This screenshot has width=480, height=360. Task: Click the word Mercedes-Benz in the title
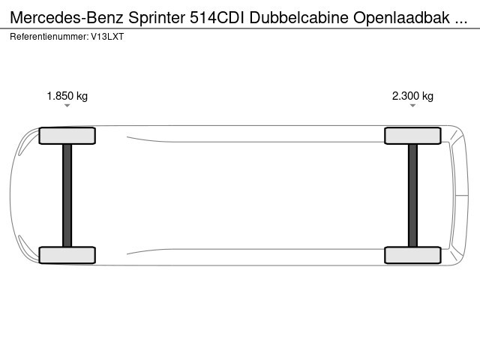click(x=67, y=18)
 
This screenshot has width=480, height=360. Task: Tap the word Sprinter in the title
click(x=157, y=18)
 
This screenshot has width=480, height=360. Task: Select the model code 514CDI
click(x=217, y=18)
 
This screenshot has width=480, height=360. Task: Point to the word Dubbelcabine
click(x=298, y=18)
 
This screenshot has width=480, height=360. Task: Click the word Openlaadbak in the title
click(x=402, y=18)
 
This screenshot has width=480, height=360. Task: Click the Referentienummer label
click(x=49, y=37)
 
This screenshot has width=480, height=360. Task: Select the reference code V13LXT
click(x=107, y=37)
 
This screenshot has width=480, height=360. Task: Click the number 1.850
click(x=60, y=96)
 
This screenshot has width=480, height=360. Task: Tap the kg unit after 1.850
click(x=82, y=97)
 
